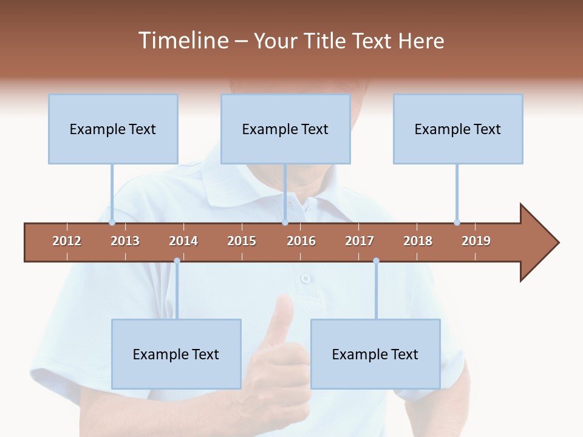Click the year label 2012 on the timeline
pyautogui.click(x=67, y=241)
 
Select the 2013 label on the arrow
pyautogui.click(x=125, y=241)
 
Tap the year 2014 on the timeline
pyautogui.click(x=183, y=241)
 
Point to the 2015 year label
pyautogui.click(x=242, y=241)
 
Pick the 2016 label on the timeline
pyautogui.click(x=301, y=241)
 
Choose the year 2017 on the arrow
pyautogui.click(x=360, y=241)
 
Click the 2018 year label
pyautogui.click(x=418, y=241)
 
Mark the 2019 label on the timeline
pyautogui.click(x=476, y=241)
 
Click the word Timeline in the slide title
pyautogui.click(x=182, y=41)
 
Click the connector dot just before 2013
pyautogui.click(x=112, y=223)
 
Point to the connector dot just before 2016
pyautogui.click(x=285, y=223)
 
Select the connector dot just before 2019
pyautogui.click(x=457, y=223)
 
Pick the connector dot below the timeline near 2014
pyautogui.click(x=177, y=260)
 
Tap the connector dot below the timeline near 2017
pyautogui.click(x=376, y=260)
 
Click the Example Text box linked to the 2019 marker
pyautogui.click(x=458, y=129)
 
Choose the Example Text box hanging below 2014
pyautogui.click(x=176, y=354)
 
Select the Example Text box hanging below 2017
pyautogui.click(x=375, y=354)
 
